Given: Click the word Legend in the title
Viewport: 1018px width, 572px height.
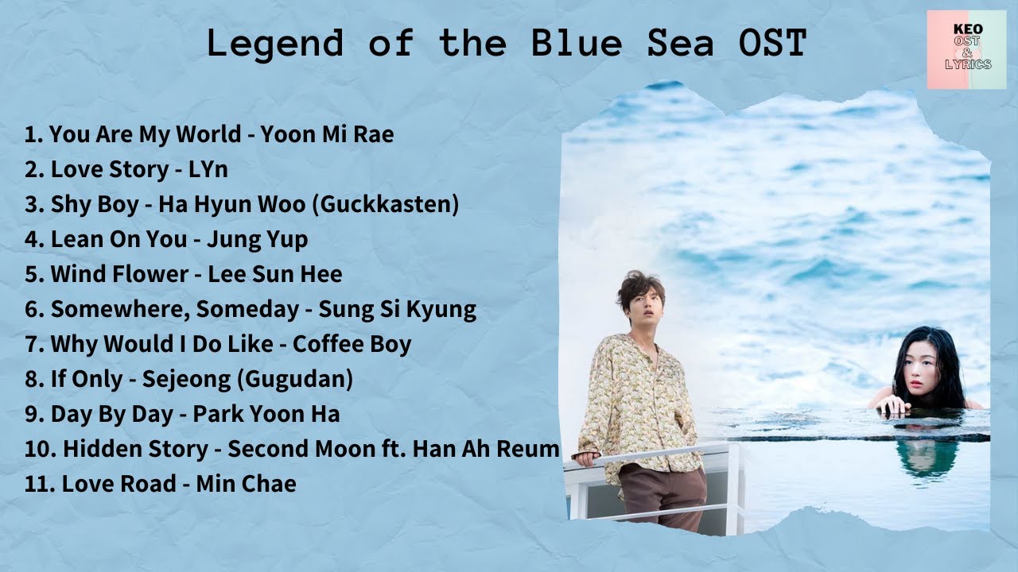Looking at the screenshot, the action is coord(275,44).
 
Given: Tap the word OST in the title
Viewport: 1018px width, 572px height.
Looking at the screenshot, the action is coord(772,43).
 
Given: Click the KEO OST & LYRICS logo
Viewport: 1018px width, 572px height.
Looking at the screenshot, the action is coord(966,49).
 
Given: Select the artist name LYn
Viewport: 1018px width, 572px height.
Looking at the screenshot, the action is coord(208,169).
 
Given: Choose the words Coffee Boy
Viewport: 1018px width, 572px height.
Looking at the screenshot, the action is coord(352,344).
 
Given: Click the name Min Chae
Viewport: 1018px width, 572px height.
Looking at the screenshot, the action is coord(246,483).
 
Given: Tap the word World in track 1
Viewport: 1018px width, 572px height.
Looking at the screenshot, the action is coord(208,134).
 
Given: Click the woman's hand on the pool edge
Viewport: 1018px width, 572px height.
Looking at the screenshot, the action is coord(892,405).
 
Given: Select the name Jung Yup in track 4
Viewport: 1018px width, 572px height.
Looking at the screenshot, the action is coord(257,240).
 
